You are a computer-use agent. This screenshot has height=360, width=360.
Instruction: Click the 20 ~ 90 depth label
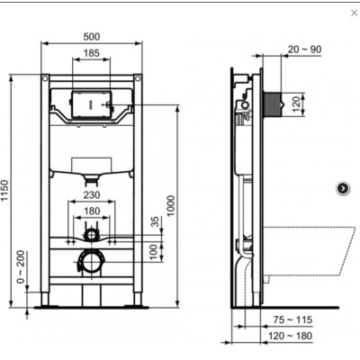(x=302, y=49)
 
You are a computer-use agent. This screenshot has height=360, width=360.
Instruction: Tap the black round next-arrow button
(x=343, y=187)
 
